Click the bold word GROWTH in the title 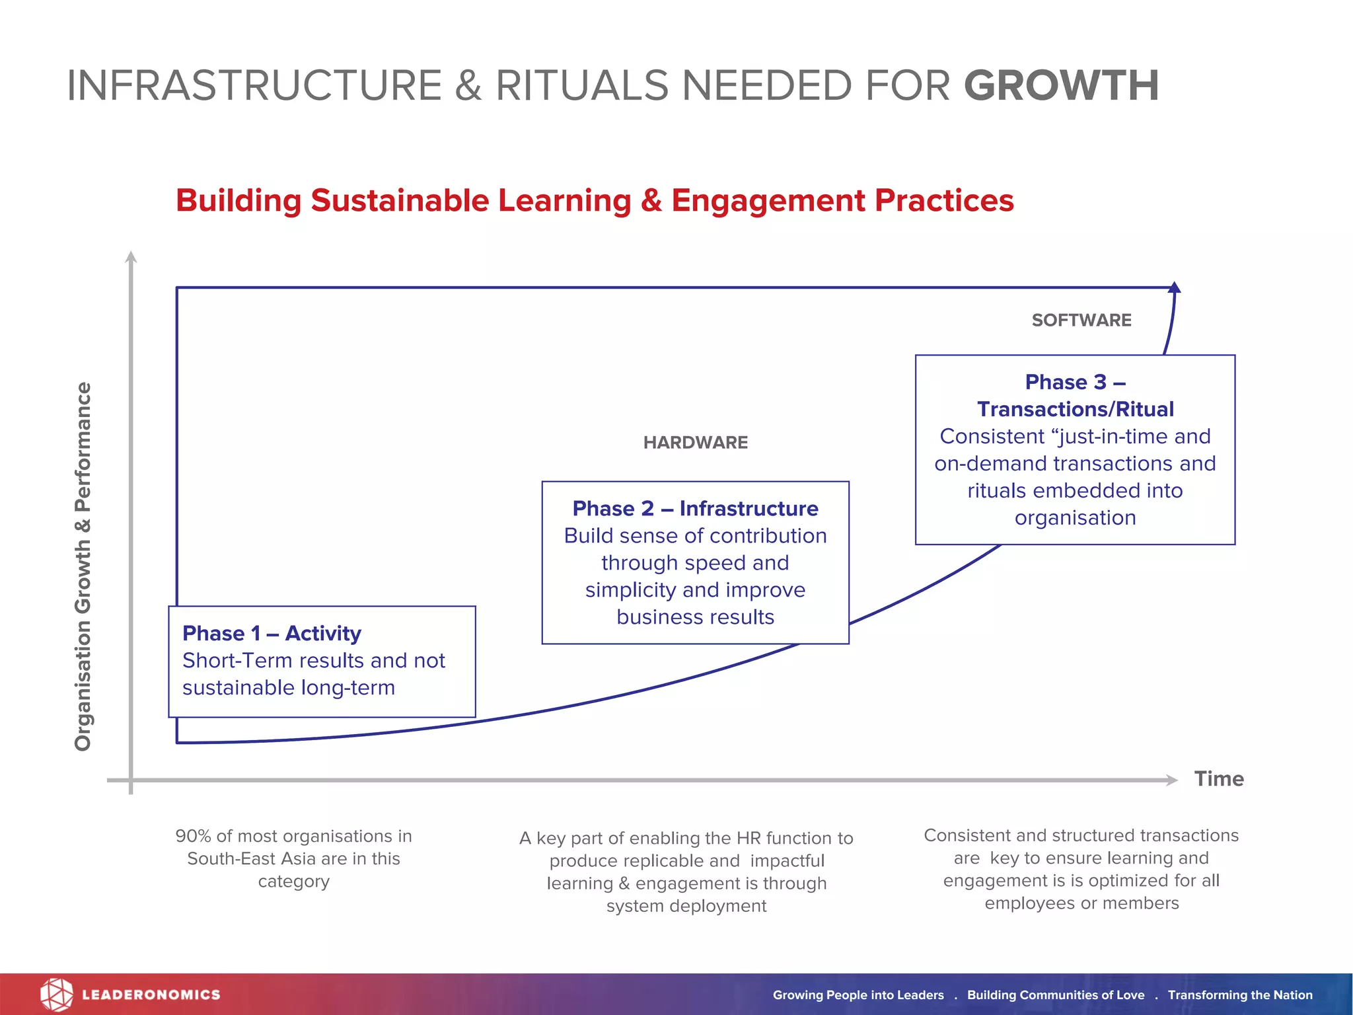click(x=1061, y=86)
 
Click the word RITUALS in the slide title click(x=582, y=86)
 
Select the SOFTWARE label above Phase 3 click(x=1081, y=320)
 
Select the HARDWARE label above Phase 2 click(x=695, y=443)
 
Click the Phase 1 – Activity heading click(x=272, y=633)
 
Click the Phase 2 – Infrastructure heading click(x=695, y=508)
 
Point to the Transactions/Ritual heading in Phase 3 click(x=1075, y=409)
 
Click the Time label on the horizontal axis click(x=1218, y=779)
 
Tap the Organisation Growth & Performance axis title click(x=83, y=566)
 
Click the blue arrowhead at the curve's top click(x=1174, y=287)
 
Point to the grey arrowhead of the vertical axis click(x=131, y=257)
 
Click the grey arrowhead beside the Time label click(x=1171, y=780)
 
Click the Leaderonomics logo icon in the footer click(x=56, y=995)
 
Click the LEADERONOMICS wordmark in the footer click(x=151, y=995)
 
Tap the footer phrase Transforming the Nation click(x=1239, y=995)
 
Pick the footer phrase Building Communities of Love click(x=1055, y=995)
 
